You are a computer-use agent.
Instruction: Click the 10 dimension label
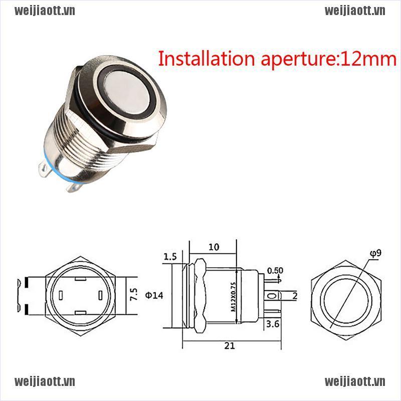[x=214, y=247]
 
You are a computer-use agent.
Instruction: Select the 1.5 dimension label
[x=170, y=257]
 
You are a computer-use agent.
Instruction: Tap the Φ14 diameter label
[x=154, y=295]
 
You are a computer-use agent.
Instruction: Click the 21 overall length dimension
[x=230, y=345]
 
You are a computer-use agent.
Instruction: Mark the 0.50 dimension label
[x=274, y=271]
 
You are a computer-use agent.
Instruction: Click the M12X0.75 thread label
[x=233, y=297]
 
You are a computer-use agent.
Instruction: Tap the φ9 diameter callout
[x=375, y=253]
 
